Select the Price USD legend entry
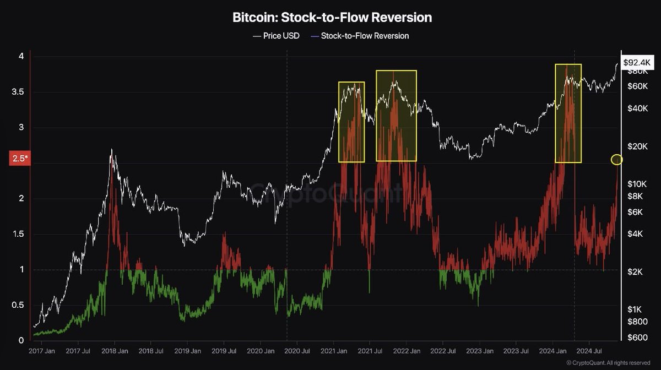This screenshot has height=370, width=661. tap(276, 36)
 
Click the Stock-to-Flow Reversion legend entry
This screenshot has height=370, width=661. tap(360, 36)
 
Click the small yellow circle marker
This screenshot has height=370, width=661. tap(617, 160)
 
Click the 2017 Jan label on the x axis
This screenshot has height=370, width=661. tap(41, 350)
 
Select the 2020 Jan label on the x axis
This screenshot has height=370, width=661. tap(261, 350)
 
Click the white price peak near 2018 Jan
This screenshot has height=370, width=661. tap(112, 149)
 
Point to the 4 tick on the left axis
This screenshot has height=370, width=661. tap(20, 57)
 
